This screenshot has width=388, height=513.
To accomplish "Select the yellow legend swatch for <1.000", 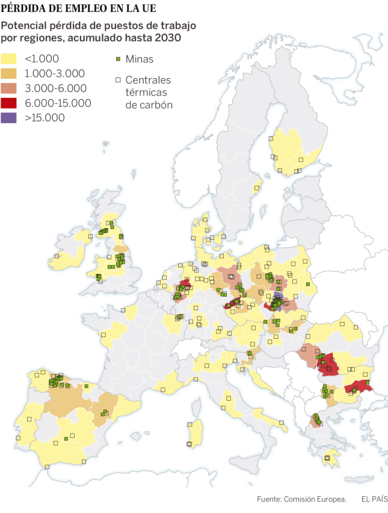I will (10, 59).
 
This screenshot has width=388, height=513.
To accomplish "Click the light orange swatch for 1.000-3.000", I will (10, 73).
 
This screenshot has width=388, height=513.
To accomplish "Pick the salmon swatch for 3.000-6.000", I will (10, 88).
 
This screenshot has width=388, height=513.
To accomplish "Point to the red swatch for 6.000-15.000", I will (10, 103).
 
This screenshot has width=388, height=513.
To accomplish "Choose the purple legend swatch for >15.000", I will (10, 118).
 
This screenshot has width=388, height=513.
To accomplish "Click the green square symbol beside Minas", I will (119, 59).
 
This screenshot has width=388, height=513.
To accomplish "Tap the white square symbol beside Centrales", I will (119, 80).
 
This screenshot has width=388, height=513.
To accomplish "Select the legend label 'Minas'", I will (139, 59).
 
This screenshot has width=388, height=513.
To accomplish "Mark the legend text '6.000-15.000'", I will (58, 103).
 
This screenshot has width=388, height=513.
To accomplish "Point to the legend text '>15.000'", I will (45, 118).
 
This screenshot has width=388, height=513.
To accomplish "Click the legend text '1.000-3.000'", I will (54, 73).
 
